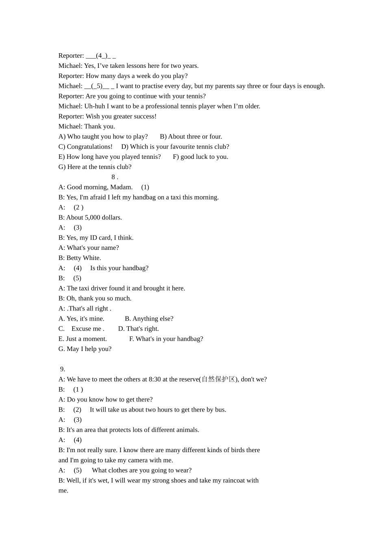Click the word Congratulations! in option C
89,147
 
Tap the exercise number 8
114,177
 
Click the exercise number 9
62,369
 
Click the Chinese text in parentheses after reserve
219,379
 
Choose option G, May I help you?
85,349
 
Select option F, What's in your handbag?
166,339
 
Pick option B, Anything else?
149,319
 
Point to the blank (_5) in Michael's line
97,86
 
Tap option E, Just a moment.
82,339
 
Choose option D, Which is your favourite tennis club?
175,147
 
